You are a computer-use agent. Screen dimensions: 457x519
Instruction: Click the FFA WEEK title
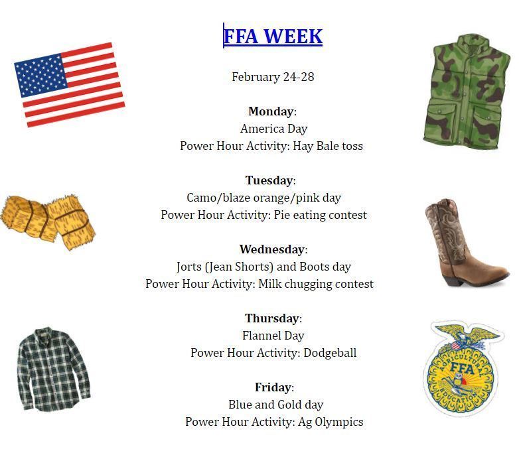pyautogui.click(x=273, y=36)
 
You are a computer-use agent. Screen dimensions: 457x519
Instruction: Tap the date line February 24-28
pyautogui.click(x=273, y=77)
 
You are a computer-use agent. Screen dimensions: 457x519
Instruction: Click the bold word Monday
pyautogui.click(x=271, y=111)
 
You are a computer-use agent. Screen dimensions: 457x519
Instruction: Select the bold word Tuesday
pyautogui.click(x=269, y=180)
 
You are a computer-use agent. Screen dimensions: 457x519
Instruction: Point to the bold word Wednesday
pyautogui.click(x=271, y=249)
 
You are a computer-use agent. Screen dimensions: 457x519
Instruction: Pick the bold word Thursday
pyautogui.click(x=271, y=318)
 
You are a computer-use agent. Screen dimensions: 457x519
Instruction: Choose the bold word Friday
pyautogui.click(x=272, y=387)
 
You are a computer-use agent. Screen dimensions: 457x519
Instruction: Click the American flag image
pyautogui.click(x=70, y=84)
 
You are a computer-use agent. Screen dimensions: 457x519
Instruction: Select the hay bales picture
pyautogui.click(x=48, y=221)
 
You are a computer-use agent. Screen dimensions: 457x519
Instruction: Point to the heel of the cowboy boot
pyautogui.click(x=455, y=279)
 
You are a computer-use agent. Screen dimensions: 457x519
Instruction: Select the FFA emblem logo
pyautogui.click(x=463, y=369)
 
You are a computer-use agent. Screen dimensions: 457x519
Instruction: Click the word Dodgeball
pyautogui.click(x=329, y=353)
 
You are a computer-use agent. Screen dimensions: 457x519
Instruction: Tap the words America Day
pyautogui.click(x=273, y=129)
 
